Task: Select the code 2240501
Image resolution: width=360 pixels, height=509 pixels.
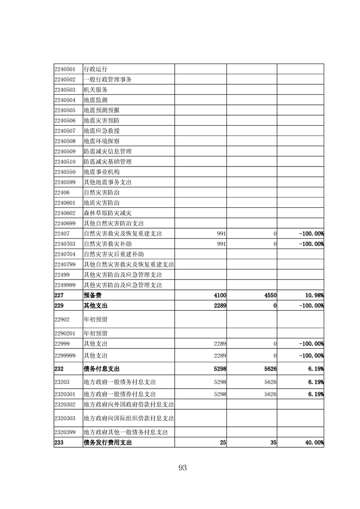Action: [64, 69]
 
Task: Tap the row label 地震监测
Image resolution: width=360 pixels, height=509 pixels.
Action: [95, 100]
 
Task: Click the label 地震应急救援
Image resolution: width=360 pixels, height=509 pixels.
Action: [102, 131]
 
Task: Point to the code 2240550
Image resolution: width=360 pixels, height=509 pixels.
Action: [64, 172]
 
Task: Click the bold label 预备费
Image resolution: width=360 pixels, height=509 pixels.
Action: [93, 295]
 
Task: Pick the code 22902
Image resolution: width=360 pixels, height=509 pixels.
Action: [62, 319]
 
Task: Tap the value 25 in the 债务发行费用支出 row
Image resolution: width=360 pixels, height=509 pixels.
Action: [223, 442]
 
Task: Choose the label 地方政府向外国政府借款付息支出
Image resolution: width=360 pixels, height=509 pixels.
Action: [129, 404]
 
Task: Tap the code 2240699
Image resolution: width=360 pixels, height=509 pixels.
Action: [64, 223]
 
